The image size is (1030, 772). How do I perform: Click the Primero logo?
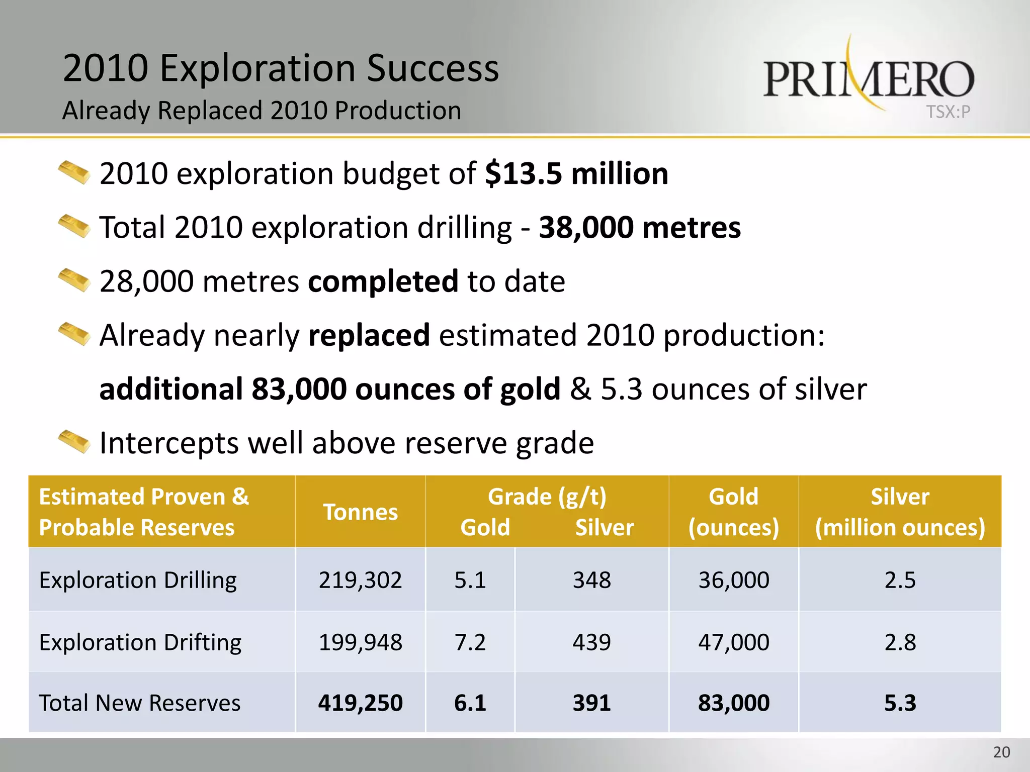(868, 78)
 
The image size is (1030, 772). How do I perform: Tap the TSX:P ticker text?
(948, 112)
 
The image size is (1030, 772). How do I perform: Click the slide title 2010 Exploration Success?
(281, 68)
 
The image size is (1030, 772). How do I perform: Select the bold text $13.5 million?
(576, 174)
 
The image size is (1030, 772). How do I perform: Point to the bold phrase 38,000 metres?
(640, 228)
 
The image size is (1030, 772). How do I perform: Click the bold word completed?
(383, 281)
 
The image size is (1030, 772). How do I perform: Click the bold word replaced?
(369, 335)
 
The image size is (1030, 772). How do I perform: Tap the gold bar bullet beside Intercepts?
(74, 442)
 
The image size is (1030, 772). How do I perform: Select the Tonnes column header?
(360, 512)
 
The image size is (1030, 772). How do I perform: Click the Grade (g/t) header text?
(547, 497)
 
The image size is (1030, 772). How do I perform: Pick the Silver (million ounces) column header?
(900, 512)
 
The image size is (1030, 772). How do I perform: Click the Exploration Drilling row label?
(138, 580)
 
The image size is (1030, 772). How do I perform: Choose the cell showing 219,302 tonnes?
(360, 580)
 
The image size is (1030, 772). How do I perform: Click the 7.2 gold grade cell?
(470, 642)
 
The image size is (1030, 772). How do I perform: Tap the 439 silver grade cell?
(591, 642)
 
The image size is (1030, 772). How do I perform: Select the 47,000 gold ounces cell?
(733, 642)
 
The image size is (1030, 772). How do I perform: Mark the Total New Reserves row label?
(140, 703)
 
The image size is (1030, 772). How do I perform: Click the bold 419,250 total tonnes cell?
(360, 703)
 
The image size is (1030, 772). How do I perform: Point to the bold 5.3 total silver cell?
(900, 703)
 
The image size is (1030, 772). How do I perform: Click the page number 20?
(1001, 752)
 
